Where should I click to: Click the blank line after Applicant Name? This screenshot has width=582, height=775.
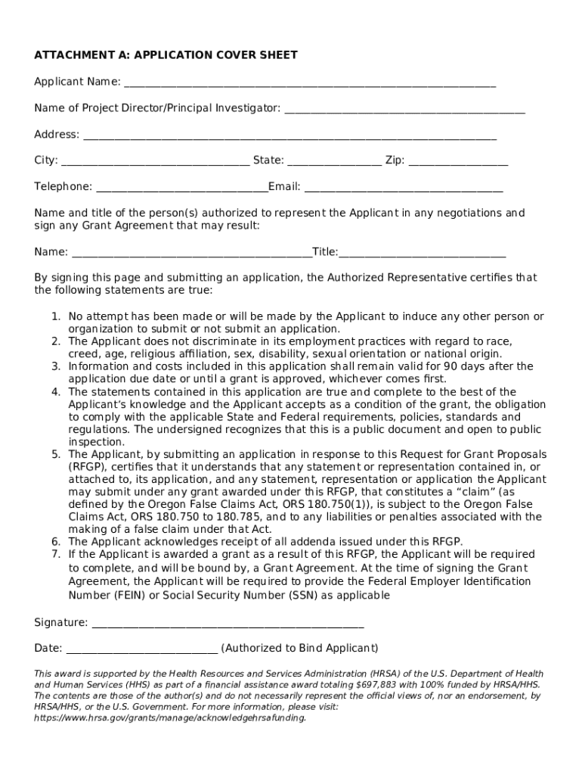[x=310, y=82]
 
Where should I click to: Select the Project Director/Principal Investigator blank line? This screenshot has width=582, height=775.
[x=404, y=109]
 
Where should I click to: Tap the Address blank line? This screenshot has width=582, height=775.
[x=289, y=135]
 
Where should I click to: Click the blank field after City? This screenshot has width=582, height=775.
[x=155, y=161]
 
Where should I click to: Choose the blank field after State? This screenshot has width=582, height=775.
[x=334, y=161]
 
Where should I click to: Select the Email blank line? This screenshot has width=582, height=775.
[x=403, y=188]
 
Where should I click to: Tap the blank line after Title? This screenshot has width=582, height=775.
[x=423, y=253]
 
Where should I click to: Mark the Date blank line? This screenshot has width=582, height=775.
[x=143, y=649]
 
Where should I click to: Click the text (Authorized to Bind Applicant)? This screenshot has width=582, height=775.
[x=300, y=649]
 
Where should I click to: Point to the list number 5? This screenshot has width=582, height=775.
[x=55, y=455]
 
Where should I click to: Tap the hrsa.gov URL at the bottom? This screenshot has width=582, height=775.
[x=170, y=718]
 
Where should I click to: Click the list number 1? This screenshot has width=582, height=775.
[x=55, y=316]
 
